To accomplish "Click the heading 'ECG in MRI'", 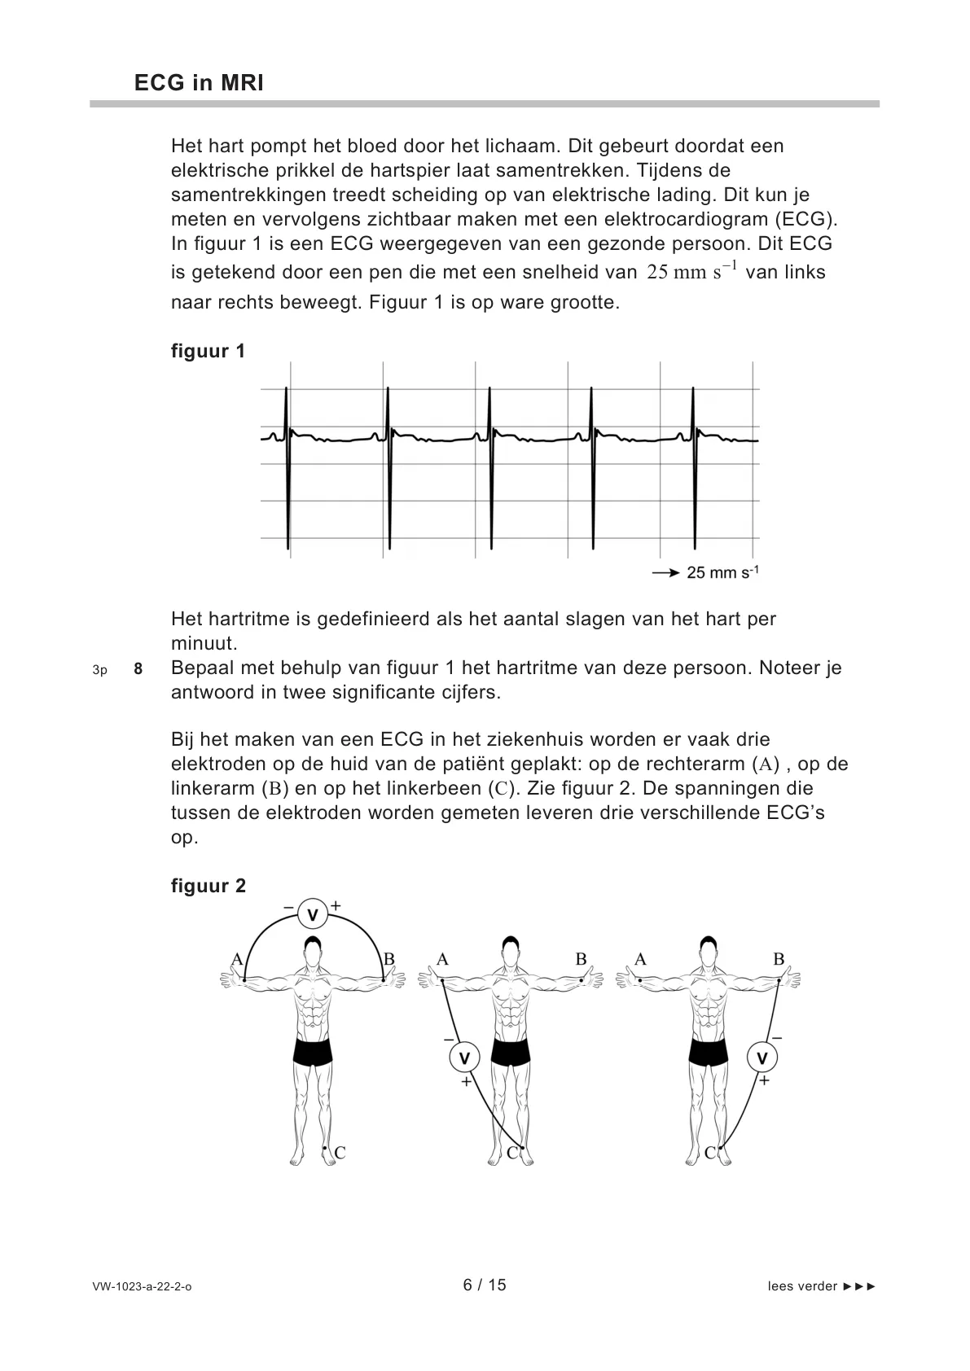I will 199,83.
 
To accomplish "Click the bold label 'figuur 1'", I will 208,351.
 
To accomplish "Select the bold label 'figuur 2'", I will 208,886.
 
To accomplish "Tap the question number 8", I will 138,669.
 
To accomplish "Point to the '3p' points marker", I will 99,670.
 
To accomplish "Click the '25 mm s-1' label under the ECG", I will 722,573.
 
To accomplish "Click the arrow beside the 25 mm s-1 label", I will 665,573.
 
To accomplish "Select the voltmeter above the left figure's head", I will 312,915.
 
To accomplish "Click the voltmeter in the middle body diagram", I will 464,1058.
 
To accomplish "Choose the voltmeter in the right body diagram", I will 762,1058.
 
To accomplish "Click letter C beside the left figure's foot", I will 340,1153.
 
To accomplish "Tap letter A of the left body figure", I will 237,959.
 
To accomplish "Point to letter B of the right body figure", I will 779,959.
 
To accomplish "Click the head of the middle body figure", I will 510,953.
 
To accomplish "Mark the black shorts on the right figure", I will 708,1051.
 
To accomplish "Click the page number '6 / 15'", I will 485,1285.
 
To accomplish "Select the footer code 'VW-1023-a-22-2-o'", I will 142,1286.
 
